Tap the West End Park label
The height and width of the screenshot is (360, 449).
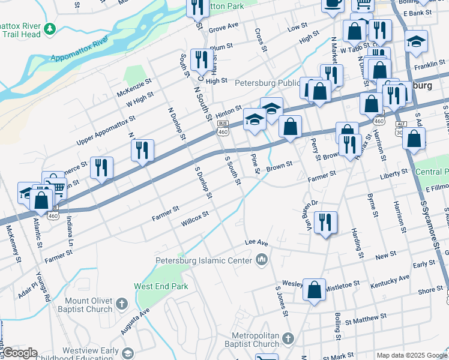click(161, 286)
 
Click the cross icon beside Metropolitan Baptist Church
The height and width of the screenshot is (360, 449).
click(288, 338)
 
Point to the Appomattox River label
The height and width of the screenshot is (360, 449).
click(79, 49)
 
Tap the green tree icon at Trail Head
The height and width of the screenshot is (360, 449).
click(51, 29)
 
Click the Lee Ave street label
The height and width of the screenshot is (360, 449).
click(256, 242)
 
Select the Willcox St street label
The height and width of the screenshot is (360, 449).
click(194, 218)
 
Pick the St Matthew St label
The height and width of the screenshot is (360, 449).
click(366, 317)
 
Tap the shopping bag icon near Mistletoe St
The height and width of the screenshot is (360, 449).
click(314, 290)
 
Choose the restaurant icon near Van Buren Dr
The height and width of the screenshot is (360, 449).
click(325, 222)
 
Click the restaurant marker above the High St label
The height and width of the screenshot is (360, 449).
click(200, 59)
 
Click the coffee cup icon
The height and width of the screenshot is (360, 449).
click(333, 3)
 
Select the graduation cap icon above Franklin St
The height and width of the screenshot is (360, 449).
click(416, 41)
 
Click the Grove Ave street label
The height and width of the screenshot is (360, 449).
click(223, 27)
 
